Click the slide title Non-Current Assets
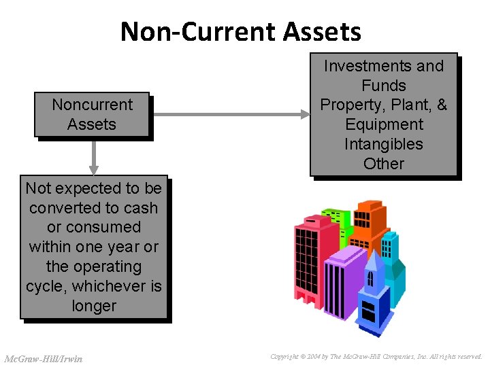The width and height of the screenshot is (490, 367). pos(241,31)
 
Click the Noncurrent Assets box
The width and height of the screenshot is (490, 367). pos(92,115)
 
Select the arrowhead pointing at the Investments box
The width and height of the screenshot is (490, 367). pos(305,115)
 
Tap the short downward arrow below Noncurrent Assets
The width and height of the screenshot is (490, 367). pos(94,158)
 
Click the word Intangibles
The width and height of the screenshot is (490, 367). pos(383,144)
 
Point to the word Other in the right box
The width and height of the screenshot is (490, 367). pos(383,164)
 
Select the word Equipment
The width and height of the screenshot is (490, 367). pos(383,124)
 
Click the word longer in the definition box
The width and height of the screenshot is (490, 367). pos(94,306)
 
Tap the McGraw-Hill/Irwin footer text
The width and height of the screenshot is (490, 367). pos(43,358)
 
